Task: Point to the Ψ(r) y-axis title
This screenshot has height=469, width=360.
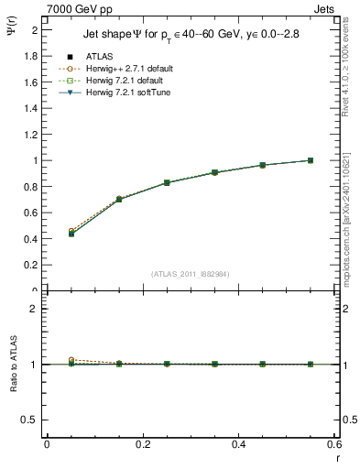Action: click(14, 34)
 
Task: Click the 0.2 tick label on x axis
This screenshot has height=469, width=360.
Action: click(142, 443)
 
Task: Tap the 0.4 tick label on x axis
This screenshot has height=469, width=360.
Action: click(238, 443)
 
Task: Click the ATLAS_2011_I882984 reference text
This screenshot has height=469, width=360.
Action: click(191, 274)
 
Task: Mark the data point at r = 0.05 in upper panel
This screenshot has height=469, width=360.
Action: click(71, 234)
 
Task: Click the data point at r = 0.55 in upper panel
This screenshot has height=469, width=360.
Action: click(311, 160)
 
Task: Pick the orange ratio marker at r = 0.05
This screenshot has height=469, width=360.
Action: click(71, 360)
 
